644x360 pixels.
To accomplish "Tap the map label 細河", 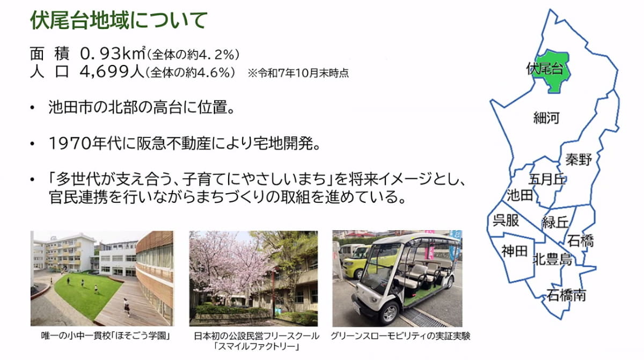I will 546,118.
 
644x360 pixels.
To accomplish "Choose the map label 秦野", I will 579,159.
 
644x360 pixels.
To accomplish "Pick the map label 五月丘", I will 547,179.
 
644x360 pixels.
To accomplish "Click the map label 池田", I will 519,195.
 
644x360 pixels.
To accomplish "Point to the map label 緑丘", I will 555,222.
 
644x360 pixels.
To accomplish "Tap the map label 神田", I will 514,251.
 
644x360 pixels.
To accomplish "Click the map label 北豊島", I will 552,260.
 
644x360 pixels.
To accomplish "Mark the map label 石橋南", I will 566,295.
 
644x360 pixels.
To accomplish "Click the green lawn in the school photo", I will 86,295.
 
